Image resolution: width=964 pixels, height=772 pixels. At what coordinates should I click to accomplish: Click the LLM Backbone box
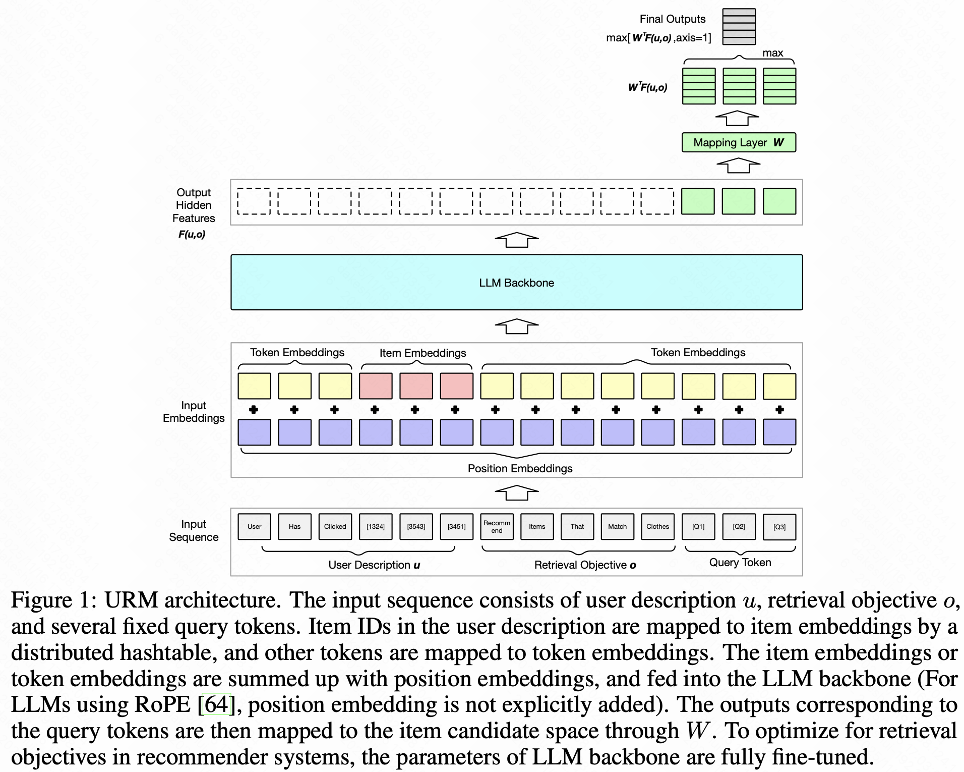tap(516, 282)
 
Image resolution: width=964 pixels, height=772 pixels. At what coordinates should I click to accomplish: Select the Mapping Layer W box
tap(739, 142)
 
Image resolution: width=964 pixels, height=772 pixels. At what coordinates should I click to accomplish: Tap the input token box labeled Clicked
tap(335, 526)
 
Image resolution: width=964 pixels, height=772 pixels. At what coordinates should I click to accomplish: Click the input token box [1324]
tap(376, 526)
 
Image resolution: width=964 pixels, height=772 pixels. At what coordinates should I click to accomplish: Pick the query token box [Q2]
tap(739, 526)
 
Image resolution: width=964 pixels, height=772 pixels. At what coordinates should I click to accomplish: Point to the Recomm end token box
tap(497, 526)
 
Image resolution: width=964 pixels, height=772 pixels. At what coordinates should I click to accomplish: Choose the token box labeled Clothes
tap(657, 526)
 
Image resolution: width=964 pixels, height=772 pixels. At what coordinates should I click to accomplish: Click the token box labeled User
tap(254, 526)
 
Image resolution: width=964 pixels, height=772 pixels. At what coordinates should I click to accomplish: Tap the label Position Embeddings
tap(520, 468)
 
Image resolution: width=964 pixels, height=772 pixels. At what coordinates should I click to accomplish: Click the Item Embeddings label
tap(423, 353)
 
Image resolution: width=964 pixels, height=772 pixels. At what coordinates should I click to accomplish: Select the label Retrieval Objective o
tap(585, 565)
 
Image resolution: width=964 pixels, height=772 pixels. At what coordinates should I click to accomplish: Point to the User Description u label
tap(374, 565)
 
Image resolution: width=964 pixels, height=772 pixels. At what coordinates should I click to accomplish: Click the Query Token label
tap(740, 562)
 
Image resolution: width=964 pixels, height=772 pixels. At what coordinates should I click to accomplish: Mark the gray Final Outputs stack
tap(739, 27)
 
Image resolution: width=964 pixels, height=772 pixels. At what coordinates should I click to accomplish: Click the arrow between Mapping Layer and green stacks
tap(738, 118)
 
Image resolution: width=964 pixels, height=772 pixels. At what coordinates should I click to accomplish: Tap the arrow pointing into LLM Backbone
tap(517, 326)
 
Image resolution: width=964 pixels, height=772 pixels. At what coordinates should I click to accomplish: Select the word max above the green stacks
tap(772, 53)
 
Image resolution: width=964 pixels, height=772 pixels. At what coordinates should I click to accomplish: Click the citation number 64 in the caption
tap(216, 704)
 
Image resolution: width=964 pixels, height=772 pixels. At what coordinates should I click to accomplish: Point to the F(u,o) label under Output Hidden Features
tap(192, 234)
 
